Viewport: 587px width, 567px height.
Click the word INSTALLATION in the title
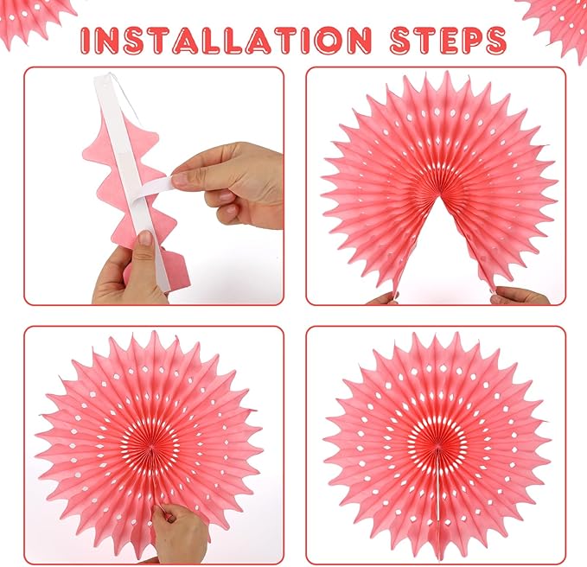226,39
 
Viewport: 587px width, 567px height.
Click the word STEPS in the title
448,39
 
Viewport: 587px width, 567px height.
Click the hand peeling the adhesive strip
228,183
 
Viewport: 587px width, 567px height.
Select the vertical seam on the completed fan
437,487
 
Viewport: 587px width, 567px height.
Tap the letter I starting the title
86,40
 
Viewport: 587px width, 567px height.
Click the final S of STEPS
496,40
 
